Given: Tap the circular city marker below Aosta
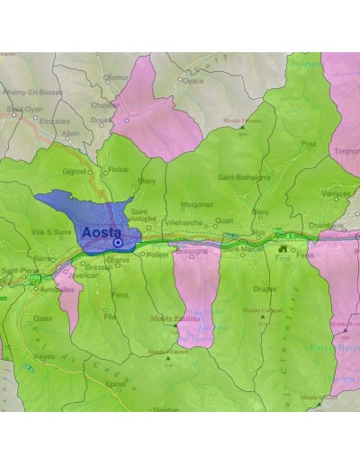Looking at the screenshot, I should (x=118, y=243).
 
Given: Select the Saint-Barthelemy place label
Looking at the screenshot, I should (x=240, y=178).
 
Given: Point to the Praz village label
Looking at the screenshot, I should (x=308, y=143).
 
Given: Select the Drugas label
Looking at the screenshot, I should (x=265, y=290).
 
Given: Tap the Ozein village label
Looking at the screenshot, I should (x=43, y=317).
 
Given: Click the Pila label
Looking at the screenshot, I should (x=111, y=317).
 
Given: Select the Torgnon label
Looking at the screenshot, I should (x=346, y=151).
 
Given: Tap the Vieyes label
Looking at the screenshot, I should (x=44, y=356).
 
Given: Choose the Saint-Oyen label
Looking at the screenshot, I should (x=23, y=110).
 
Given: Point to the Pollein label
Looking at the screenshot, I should (x=157, y=255).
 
